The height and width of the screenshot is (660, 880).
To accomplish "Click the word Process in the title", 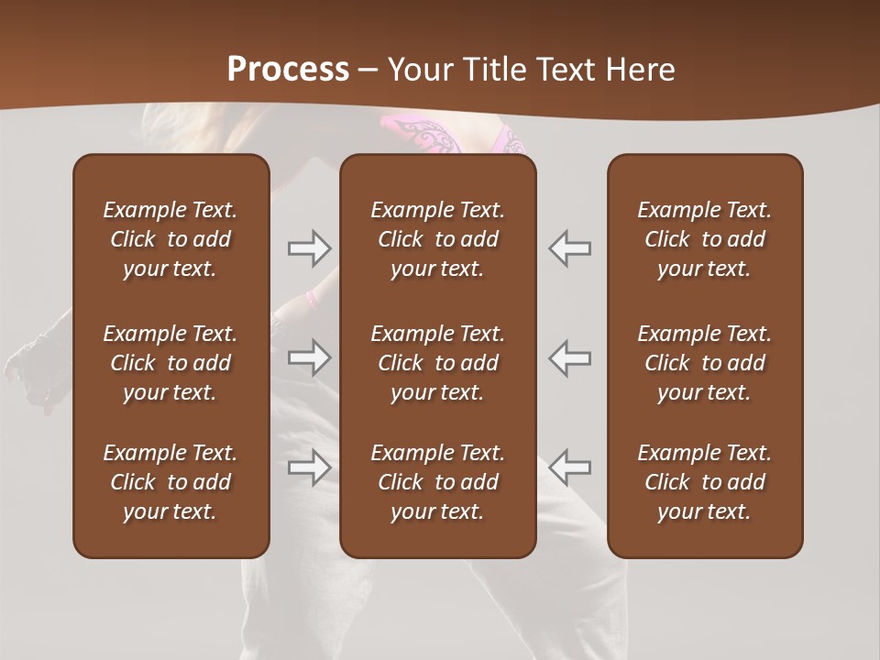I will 288,69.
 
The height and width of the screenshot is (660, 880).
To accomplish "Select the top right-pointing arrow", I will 310,248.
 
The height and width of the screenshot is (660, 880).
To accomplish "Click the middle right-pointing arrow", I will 310,357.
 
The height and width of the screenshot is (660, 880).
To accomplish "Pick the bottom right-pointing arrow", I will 310,467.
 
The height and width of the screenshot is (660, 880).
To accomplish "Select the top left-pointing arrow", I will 569,248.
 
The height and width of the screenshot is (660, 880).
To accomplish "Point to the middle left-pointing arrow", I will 569,357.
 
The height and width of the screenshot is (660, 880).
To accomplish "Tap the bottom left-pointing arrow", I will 569,467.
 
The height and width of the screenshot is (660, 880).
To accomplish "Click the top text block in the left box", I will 170,239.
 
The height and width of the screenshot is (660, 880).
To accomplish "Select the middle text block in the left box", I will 170,363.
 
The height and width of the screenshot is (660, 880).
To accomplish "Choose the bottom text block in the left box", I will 170,482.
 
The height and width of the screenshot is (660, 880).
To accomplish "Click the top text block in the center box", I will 437,239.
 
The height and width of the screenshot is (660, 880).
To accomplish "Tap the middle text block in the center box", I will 437,363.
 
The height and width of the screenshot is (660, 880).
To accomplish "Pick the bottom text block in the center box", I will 437,482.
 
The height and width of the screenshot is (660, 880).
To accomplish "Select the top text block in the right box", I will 704,239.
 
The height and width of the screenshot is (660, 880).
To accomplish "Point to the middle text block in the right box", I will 704,363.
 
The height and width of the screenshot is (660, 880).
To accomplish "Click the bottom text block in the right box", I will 704,482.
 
